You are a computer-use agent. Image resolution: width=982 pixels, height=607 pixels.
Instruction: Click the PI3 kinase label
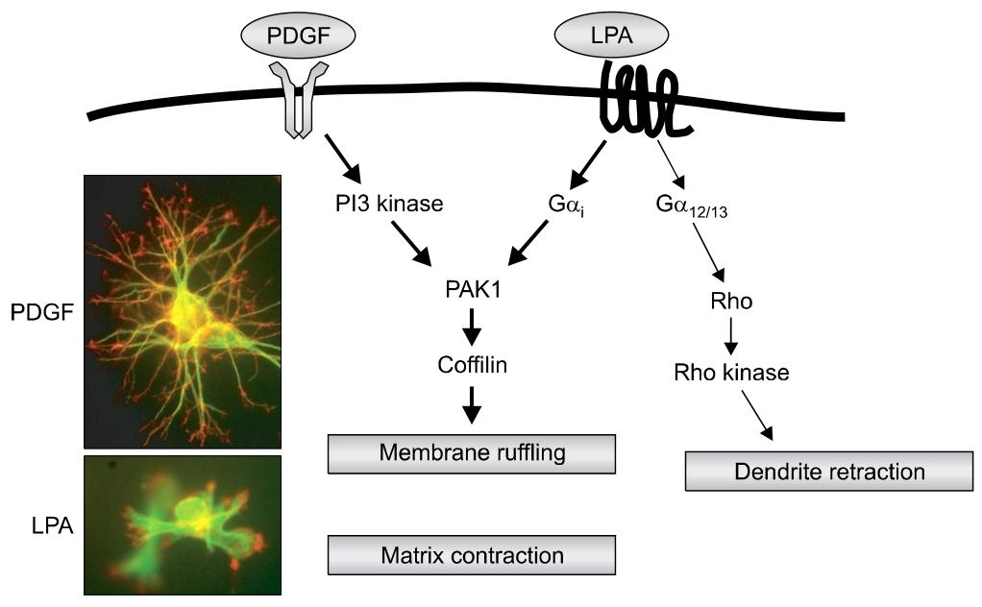coord(384,204)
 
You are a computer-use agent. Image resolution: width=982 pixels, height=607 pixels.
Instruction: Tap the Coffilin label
coord(472,366)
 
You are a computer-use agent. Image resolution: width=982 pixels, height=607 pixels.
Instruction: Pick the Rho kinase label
coord(731,373)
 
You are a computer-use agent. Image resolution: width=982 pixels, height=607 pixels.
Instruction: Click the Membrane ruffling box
coord(471,453)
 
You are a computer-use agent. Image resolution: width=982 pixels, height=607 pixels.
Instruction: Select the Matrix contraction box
coord(471,555)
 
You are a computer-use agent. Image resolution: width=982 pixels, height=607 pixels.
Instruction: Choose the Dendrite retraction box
coord(828,472)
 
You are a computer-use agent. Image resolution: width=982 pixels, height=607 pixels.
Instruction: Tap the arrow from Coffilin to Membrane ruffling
coord(472,405)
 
